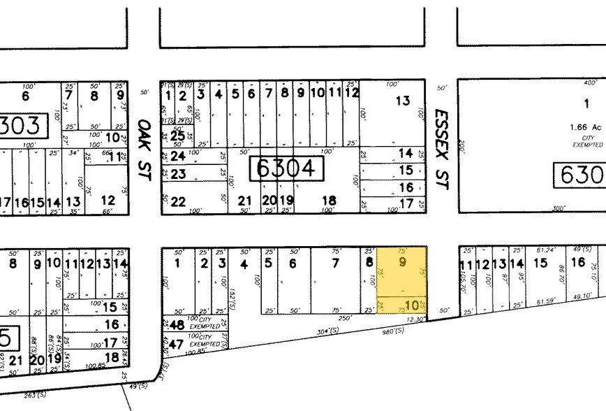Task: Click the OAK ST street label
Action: [144, 139]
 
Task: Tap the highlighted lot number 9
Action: [401, 263]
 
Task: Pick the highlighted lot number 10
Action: [411, 305]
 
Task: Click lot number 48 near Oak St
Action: [177, 325]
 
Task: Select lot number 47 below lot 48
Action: [177, 344]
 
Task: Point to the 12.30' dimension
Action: [415, 319]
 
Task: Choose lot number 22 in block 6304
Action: [178, 202]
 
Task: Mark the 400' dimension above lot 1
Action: [590, 83]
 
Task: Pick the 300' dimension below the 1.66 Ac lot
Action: [559, 208]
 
